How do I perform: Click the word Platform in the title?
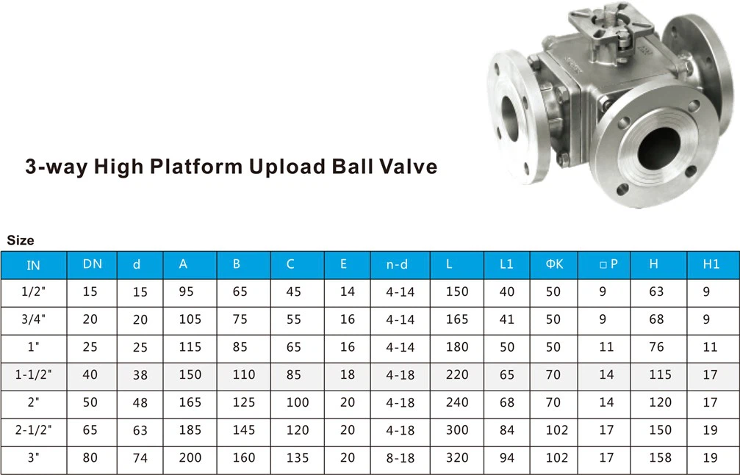coord(195,167)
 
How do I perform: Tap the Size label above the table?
coord(21,240)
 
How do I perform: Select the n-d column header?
coord(397,264)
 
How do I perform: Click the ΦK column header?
coord(554,264)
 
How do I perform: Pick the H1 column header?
coord(711,264)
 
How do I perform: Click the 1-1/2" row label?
coord(34,374)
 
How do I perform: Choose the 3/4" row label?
coord(34,319)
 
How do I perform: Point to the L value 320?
coord(457,458)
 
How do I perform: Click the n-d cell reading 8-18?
coord(400,458)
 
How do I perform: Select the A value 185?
coord(190,430)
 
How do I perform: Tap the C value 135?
coord(298,458)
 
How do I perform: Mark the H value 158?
coord(660,458)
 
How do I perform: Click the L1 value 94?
coord(507,458)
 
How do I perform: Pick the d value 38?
coord(140,374)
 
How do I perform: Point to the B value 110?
coord(244,374)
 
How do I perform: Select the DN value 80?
coord(90,458)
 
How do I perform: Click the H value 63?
coord(656,291)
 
